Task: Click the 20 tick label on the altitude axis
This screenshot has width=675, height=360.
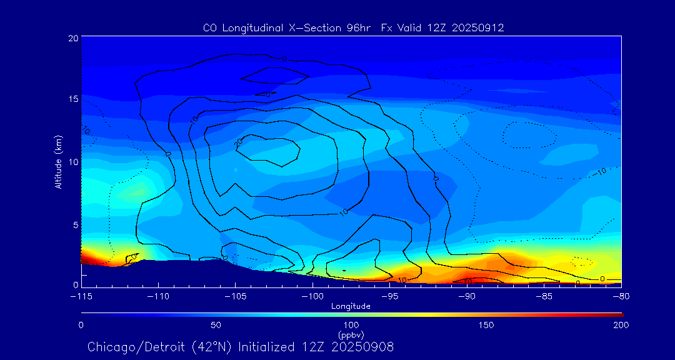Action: [x=72, y=38]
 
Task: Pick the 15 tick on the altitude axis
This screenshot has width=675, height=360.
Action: [x=72, y=99]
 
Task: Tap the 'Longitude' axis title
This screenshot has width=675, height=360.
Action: [x=351, y=306]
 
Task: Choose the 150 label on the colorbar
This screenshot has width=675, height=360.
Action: [x=486, y=325]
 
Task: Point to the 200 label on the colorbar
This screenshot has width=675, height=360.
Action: [x=621, y=325]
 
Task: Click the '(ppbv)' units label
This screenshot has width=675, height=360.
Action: [x=351, y=335]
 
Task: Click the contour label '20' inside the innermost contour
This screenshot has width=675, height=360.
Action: [x=238, y=143]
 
